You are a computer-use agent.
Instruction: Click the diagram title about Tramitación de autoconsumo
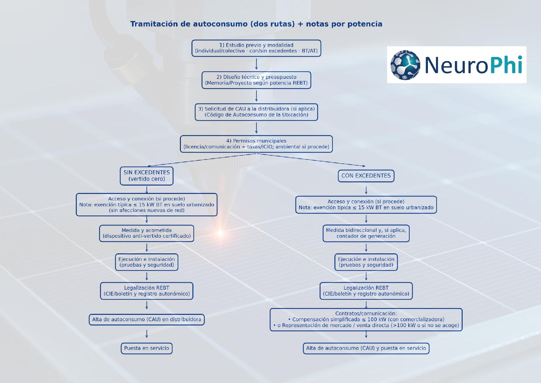[x=256, y=24]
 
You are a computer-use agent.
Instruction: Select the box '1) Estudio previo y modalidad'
[x=256, y=48]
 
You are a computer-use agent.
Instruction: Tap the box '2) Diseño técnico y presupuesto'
[x=256, y=80]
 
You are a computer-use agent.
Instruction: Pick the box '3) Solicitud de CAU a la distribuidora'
[x=256, y=112]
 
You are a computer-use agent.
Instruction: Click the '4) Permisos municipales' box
[x=256, y=144]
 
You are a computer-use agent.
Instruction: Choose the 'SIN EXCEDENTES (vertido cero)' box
[x=146, y=176]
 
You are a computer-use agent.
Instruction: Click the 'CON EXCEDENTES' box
[x=366, y=176]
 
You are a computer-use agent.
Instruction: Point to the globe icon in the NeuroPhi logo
[x=405, y=65]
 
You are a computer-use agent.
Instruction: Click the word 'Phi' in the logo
[x=505, y=65]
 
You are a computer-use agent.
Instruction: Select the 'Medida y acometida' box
[x=146, y=233]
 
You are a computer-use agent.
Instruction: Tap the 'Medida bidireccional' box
[x=366, y=233]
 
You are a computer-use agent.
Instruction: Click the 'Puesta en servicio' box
[x=146, y=348]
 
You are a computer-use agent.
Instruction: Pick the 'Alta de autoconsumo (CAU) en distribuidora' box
[x=146, y=320]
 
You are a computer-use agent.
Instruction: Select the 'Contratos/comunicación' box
[x=366, y=320]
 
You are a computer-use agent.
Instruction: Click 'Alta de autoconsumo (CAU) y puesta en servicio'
[x=366, y=348]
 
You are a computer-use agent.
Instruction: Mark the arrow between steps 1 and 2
[x=256, y=64]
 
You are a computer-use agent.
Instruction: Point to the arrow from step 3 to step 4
[x=256, y=128]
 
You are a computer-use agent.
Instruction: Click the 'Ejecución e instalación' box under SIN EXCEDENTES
[x=146, y=262]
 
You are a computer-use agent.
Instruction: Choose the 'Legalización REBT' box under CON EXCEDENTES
[x=366, y=291]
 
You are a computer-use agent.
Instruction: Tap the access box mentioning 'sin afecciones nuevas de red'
[x=146, y=205]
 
